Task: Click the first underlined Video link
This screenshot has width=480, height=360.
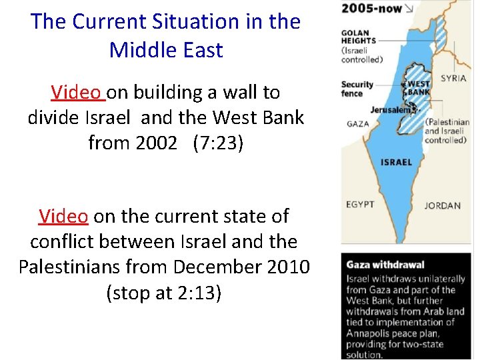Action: [77, 92]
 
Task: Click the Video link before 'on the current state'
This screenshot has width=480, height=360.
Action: [63, 216]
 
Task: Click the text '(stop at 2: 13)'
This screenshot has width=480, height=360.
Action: [164, 292]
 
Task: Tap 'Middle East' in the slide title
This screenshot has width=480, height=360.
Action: [166, 49]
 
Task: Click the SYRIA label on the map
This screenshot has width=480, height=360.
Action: [453, 78]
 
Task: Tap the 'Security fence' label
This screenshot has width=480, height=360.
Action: [357, 89]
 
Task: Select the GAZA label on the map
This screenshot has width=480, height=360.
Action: [359, 123]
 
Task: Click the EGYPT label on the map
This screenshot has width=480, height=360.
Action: [360, 204]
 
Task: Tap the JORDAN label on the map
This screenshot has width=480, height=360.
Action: [442, 205]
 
